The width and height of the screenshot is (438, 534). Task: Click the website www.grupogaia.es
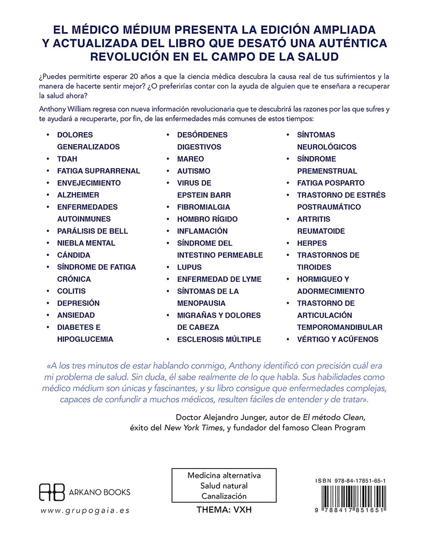(85, 510)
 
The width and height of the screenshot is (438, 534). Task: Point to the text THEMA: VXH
(224, 510)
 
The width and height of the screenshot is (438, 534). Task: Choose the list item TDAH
(67, 159)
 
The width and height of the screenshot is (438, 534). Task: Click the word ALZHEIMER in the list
(78, 195)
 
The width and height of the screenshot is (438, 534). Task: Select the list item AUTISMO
(194, 171)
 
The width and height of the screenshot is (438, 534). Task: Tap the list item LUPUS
(189, 267)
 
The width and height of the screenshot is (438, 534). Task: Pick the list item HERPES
(312, 243)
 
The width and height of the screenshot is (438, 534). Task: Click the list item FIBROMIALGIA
(203, 207)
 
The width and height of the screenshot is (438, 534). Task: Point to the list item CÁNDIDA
(73, 255)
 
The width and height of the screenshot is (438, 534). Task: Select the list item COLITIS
(71, 291)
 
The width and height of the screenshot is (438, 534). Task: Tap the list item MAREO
(191, 159)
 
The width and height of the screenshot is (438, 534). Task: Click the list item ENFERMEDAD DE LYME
(219, 279)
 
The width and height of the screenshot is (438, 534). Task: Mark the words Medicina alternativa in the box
(224, 475)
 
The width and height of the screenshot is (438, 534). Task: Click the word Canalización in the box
(224, 496)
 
